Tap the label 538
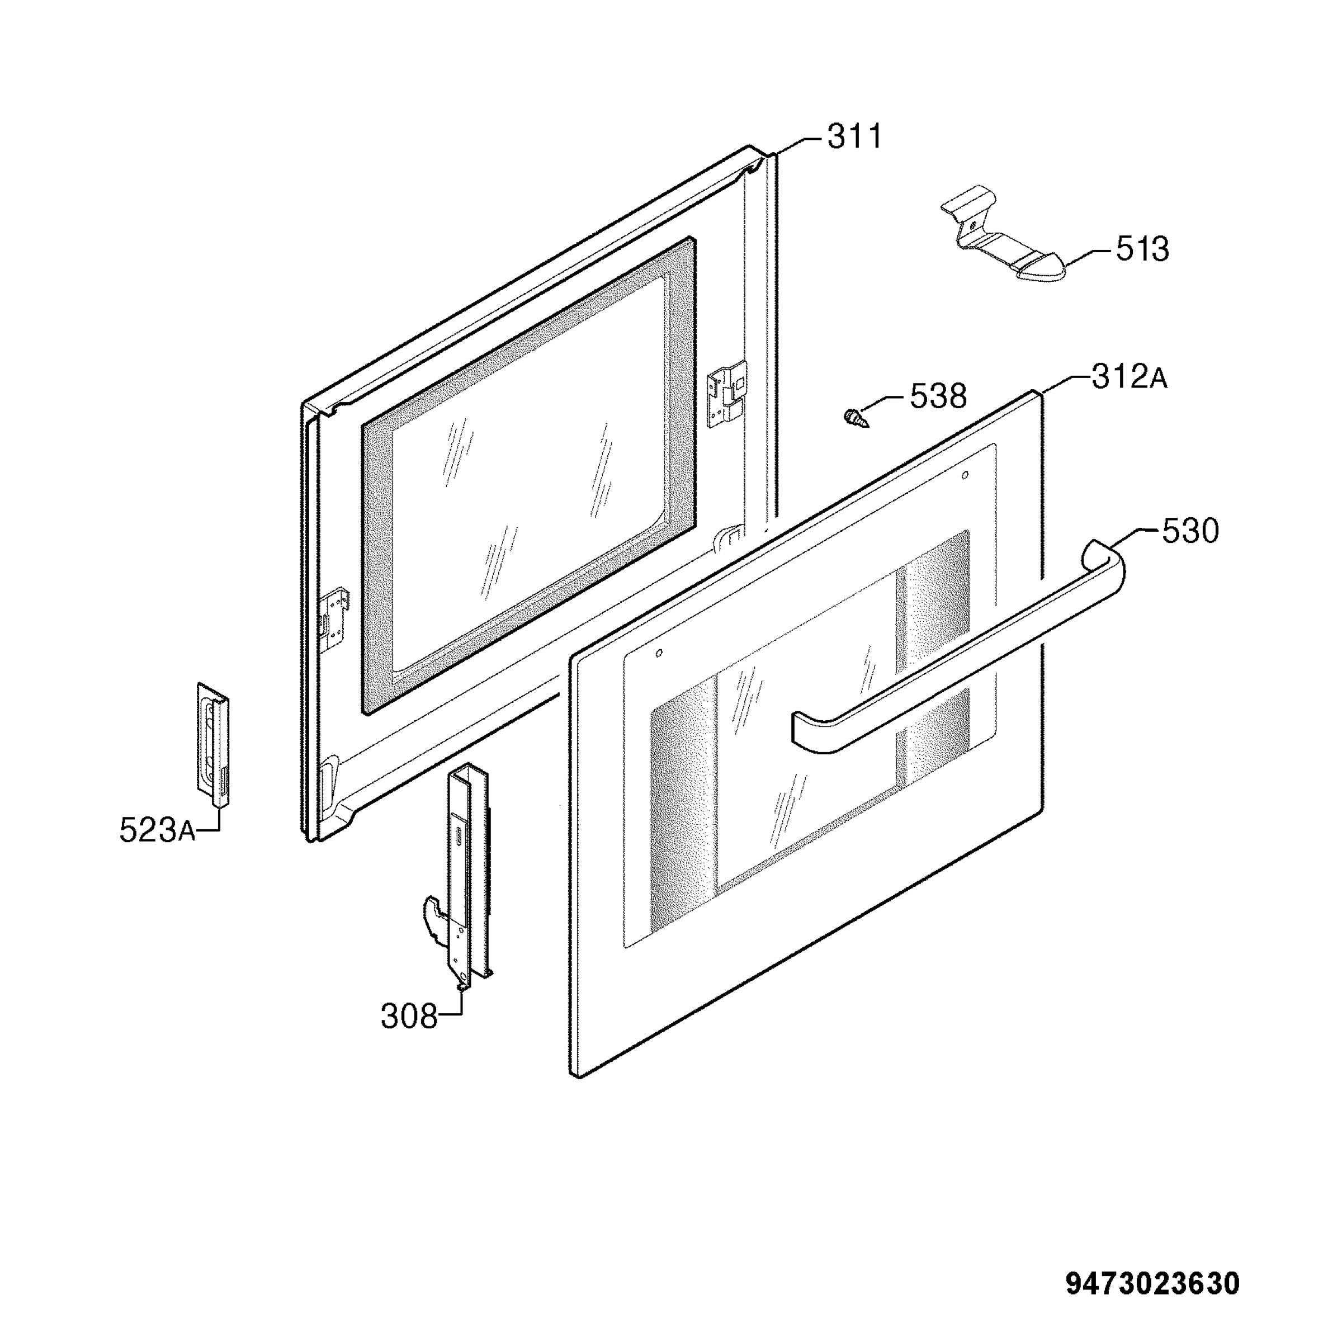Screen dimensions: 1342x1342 (938, 396)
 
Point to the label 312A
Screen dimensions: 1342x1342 (1130, 377)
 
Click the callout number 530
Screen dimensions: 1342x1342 (1190, 531)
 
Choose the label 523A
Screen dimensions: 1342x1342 (157, 830)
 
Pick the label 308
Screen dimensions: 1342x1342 (409, 1018)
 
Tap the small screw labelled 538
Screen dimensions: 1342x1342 (855, 419)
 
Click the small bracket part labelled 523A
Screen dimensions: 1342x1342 (213, 745)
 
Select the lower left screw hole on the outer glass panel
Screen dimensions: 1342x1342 (659, 653)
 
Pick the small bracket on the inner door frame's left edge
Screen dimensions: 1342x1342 (335, 611)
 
